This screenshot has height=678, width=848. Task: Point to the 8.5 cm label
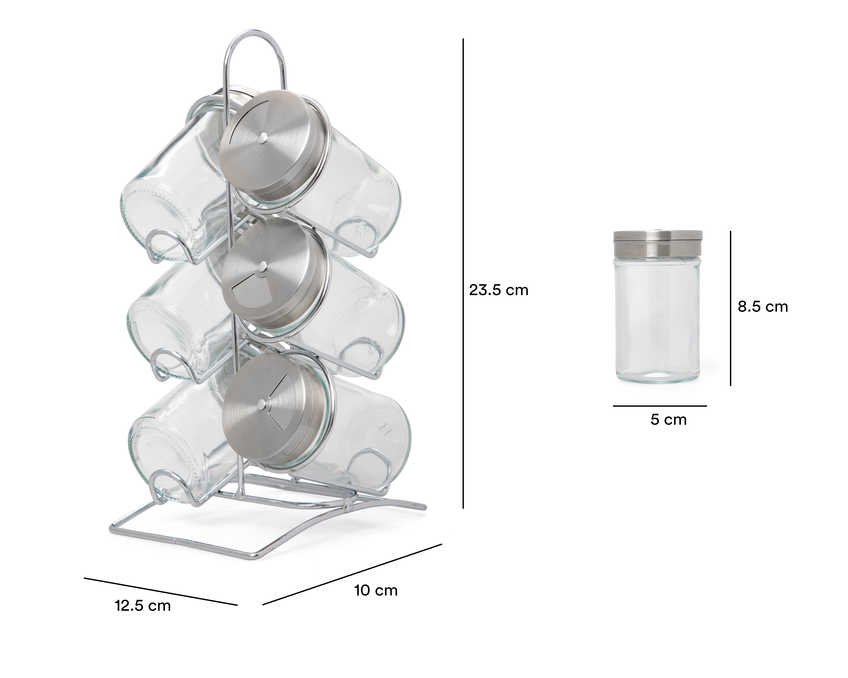pyautogui.click(x=763, y=307)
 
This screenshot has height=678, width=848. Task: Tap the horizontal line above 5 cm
pyautogui.click(x=660, y=406)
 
